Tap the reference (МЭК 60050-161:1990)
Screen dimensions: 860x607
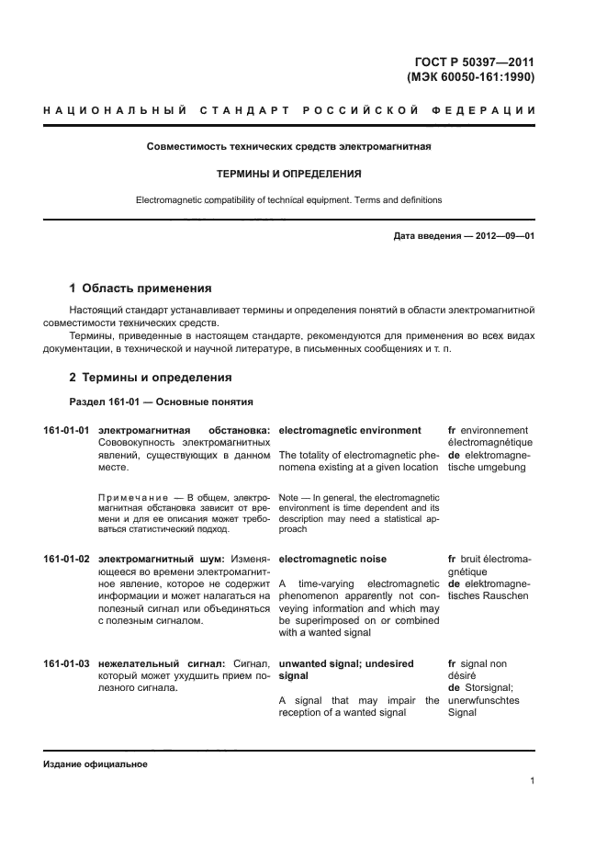pyautogui.click(x=470, y=77)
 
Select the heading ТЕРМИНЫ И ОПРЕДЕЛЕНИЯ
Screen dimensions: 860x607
pyautogui.click(x=288, y=173)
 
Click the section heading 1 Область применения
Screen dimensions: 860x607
pyautogui.click(x=141, y=288)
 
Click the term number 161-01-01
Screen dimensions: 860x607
pyautogui.click(x=66, y=430)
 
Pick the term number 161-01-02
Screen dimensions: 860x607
pyautogui.click(x=66, y=559)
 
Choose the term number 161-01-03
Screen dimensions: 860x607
pyautogui.click(x=66, y=663)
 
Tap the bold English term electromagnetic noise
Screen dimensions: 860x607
pyautogui.click(x=332, y=559)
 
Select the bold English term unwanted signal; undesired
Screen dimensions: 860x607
pyautogui.click(x=345, y=663)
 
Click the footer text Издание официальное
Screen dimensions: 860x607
pyautogui.click(x=95, y=764)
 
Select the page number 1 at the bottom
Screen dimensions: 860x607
pyautogui.click(x=532, y=781)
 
